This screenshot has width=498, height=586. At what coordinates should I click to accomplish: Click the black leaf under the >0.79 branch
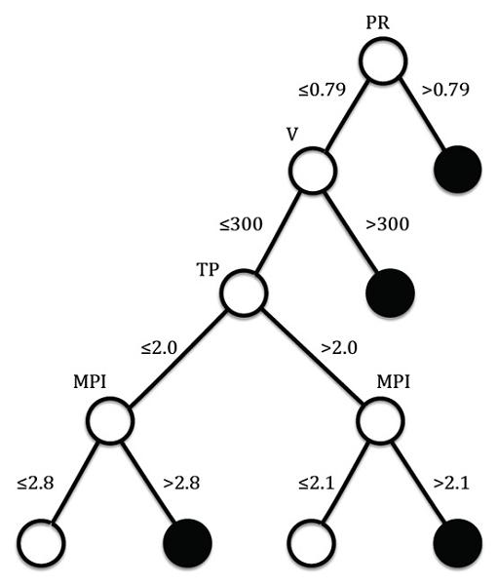tap(458, 170)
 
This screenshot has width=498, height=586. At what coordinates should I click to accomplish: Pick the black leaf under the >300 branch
tap(391, 293)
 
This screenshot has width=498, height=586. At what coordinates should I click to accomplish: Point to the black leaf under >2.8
tap(188, 543)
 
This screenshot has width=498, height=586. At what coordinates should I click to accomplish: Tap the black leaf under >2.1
tap(458, 543)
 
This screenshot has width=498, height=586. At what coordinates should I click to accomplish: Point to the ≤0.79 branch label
tap(322, 90)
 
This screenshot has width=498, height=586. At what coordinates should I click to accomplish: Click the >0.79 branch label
tap(445, 90)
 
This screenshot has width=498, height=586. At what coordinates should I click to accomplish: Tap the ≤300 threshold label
tap(241, 224)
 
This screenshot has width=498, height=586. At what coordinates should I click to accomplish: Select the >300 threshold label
tap(388, 224)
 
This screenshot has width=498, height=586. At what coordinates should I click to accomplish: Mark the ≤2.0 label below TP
tap(159, 348)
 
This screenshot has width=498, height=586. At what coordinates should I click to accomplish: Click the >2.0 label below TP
tap(339, 348)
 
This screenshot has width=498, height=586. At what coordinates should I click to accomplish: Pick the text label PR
tap(378, 22)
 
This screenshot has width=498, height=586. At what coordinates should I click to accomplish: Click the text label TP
tap(208, 269)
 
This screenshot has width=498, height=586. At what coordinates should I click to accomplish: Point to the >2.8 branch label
tap(181, 483)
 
